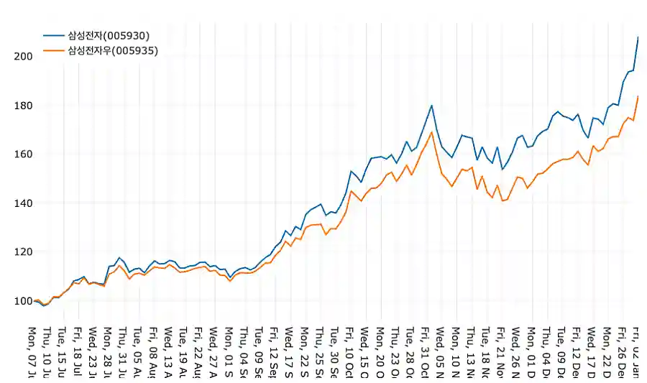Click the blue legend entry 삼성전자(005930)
pos(109,35)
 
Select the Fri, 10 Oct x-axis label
pos(349,352)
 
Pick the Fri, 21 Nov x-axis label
pos(500,352)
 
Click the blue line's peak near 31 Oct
pos(431,106)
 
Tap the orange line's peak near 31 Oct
pos(431,131)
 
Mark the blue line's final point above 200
pos(638,37)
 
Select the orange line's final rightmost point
pos(638,96)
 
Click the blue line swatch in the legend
pos(53,35)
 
